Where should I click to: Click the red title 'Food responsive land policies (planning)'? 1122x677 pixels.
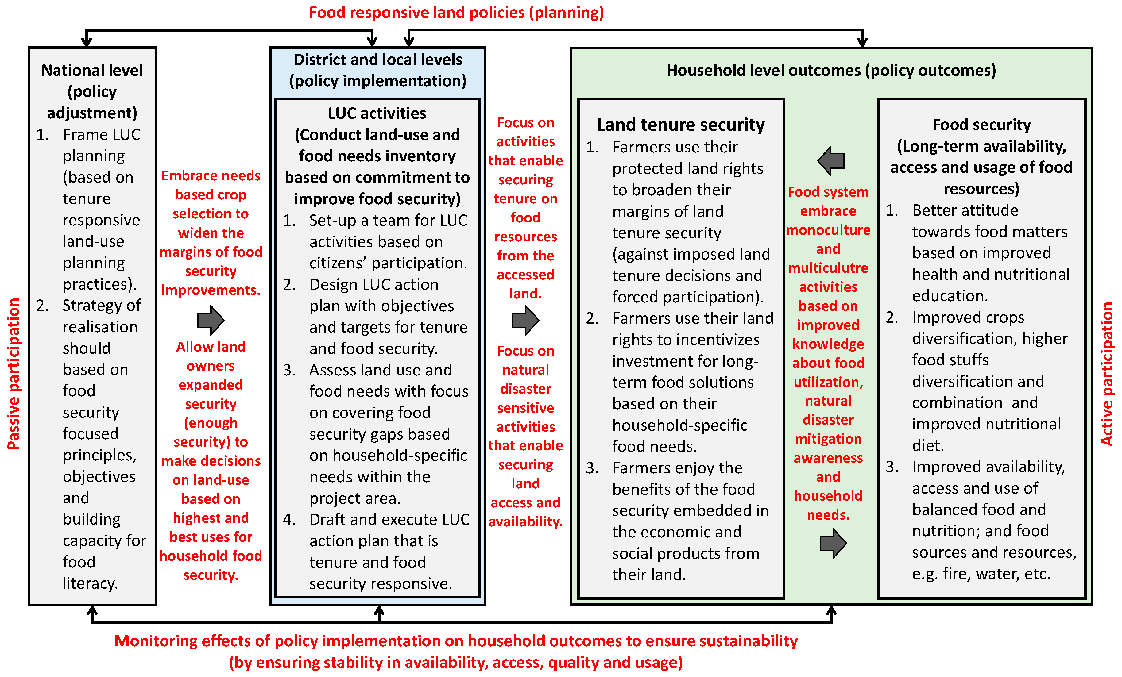pos(456,12)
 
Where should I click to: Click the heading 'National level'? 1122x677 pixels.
pos(92,71)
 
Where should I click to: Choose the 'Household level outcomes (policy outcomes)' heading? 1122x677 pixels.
pos(831,71)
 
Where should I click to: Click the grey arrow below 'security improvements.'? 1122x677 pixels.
pos(211,320)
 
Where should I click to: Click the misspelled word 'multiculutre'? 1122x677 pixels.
pos(828,268)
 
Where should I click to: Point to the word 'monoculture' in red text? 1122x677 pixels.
pos(828,230)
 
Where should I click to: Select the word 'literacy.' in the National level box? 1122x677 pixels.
pos(90,583)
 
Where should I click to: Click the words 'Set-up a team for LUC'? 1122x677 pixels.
pos(388,220)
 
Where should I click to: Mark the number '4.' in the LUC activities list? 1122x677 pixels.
pos(289,519)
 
